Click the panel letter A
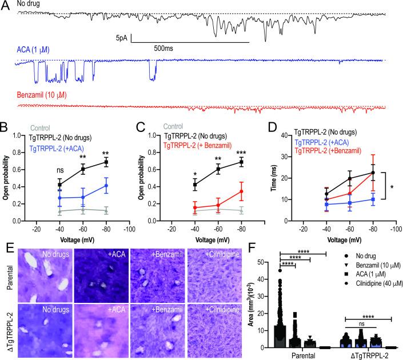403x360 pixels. click(x=5, y=5)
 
